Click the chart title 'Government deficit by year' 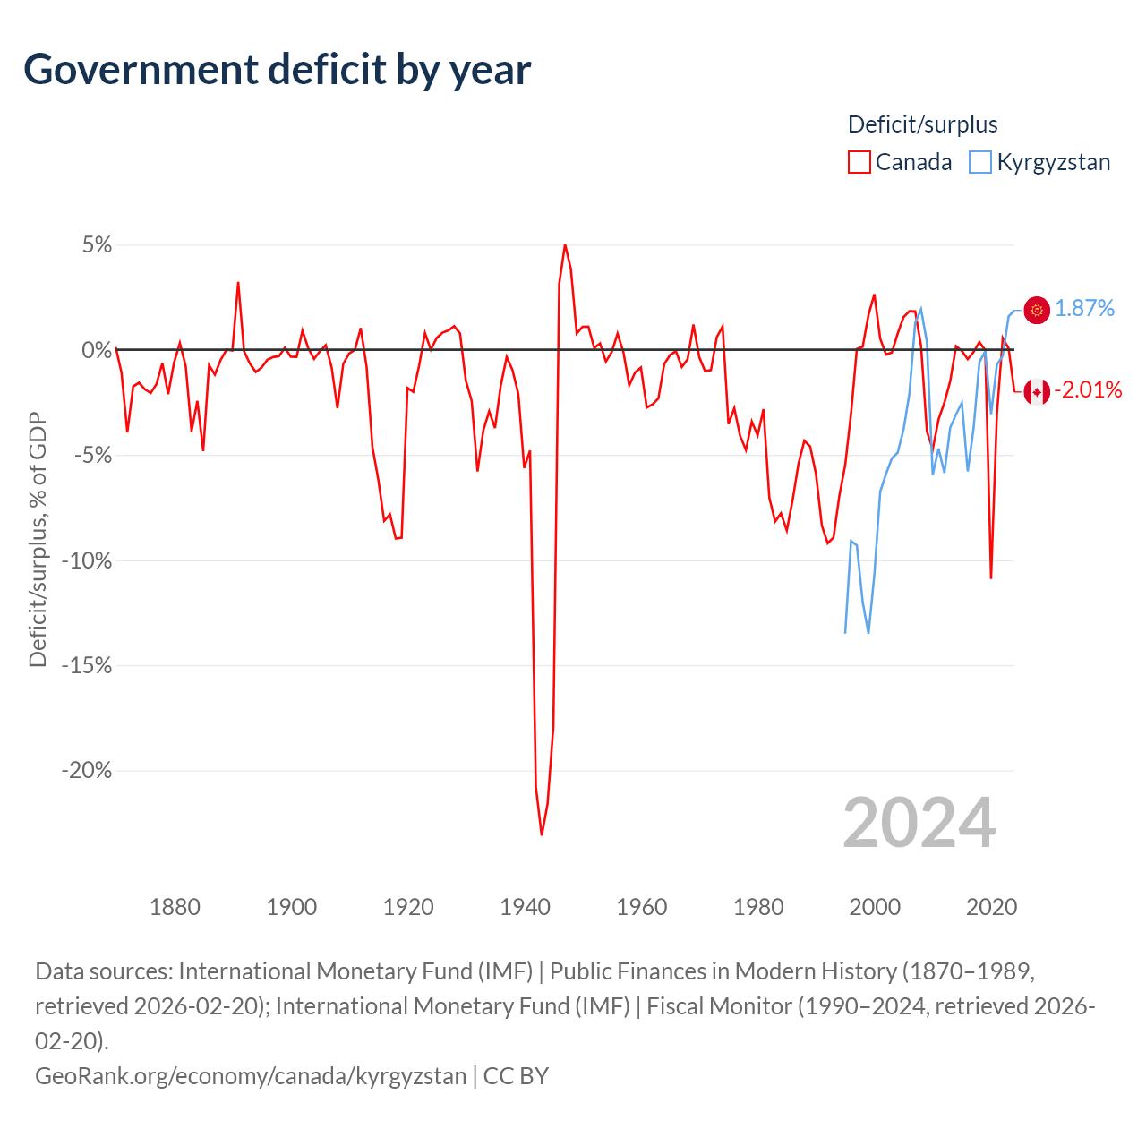click(x=278, y=70)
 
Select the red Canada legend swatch click(x=859, y=162)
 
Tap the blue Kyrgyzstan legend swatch click(x=980, y=162)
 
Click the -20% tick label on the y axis click(x=87, y=771)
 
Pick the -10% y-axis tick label click(x=87, y=561)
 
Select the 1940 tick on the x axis click(x=525, y=907)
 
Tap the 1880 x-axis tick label click(x=175, y=907)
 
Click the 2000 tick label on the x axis click(x=875, y=907)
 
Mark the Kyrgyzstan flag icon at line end click(x=1037, y=310)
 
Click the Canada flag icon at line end click(x=1037, y=391)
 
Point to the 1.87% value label click(x=1084, y=309)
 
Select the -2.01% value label click(x=1088, y=389)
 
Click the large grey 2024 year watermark click(x=919, y=823)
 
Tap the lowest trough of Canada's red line click(x=542, y=834)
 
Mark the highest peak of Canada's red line click(x=565, y=244)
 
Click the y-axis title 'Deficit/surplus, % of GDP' click(x=38, y=539)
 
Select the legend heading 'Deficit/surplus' click(x=922, y=124)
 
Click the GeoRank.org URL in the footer click(x=251, y=1075)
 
